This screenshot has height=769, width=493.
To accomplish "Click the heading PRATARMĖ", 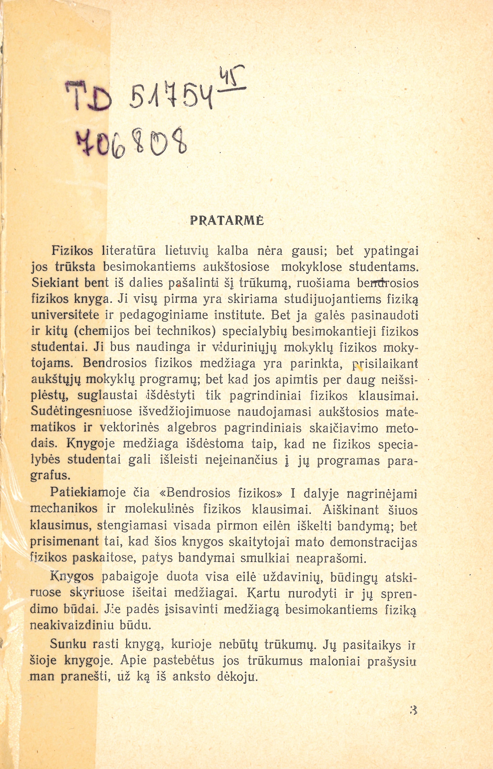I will click(227, 221).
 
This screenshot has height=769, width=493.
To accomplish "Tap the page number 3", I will click(413, 709).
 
